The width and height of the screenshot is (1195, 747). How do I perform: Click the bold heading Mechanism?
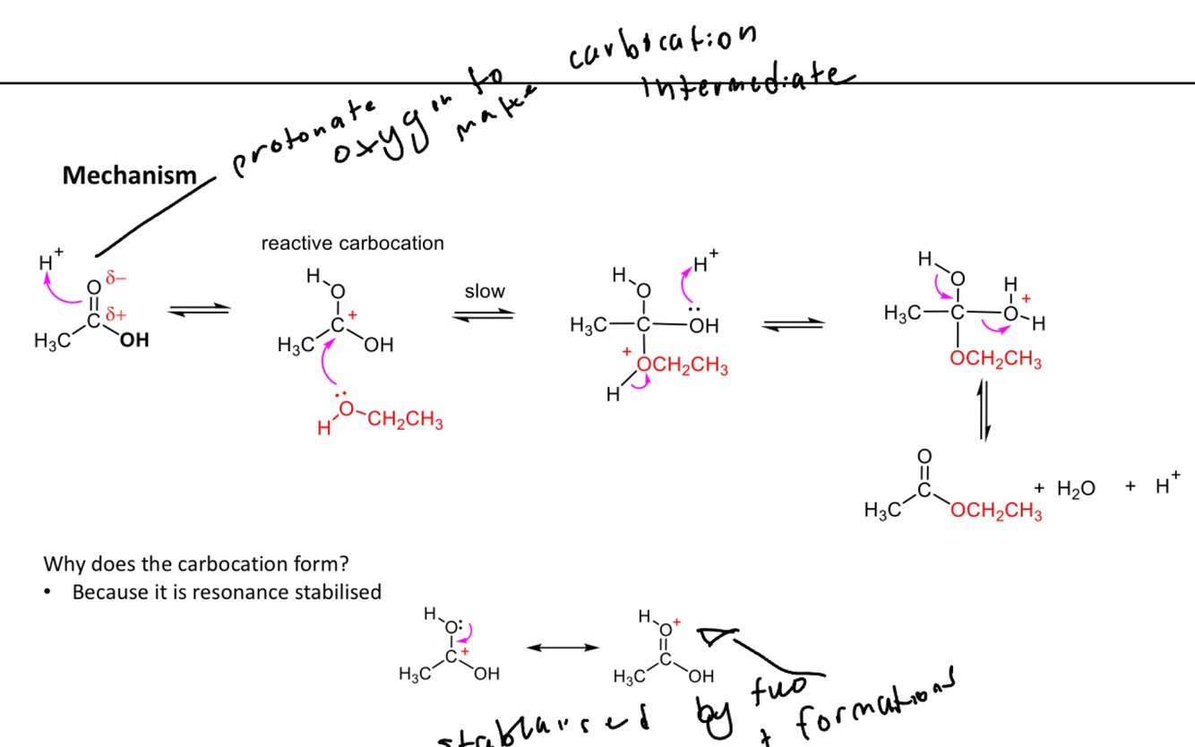[129, 176]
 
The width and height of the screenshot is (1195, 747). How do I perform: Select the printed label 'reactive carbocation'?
[352, 244]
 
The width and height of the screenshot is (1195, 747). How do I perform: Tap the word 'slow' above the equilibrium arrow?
[485, 292]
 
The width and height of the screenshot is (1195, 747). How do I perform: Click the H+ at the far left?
[49, 262]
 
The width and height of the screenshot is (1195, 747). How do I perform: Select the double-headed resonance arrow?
[563, 648]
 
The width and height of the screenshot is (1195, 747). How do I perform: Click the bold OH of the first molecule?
[133, 341]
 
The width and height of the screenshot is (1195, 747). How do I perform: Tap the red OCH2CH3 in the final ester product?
[997, 511]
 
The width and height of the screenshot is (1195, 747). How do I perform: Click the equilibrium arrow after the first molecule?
[200, 310]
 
